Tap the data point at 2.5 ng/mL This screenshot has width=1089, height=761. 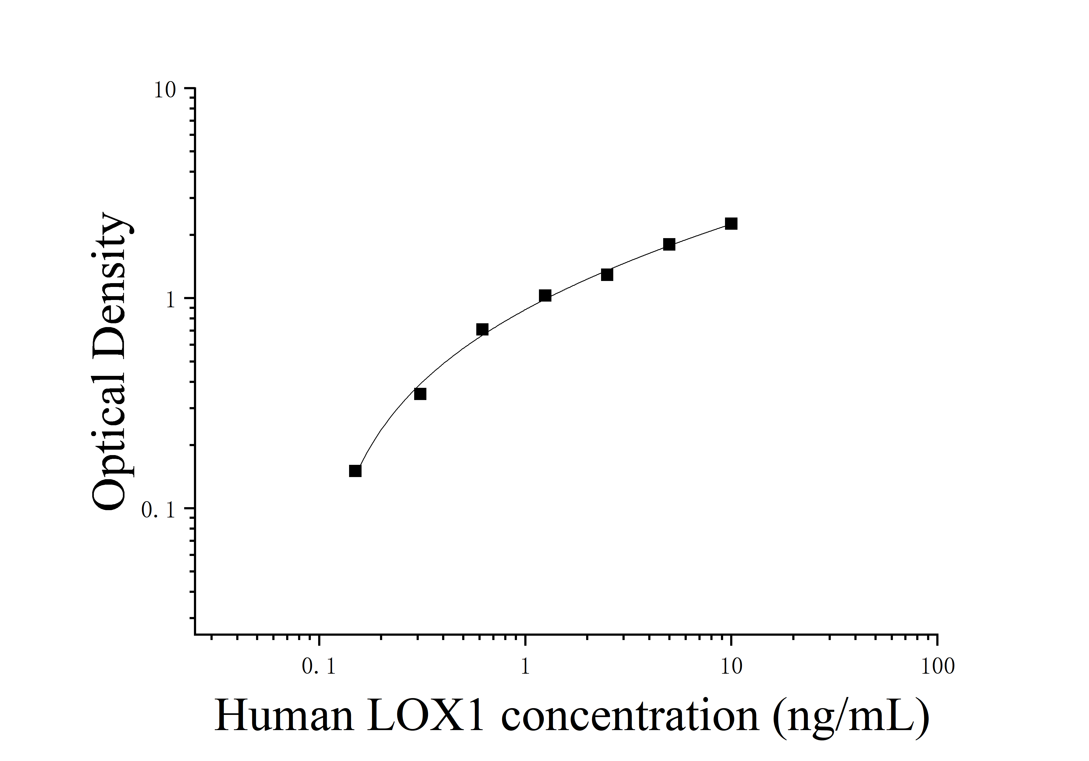point(607,274)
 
